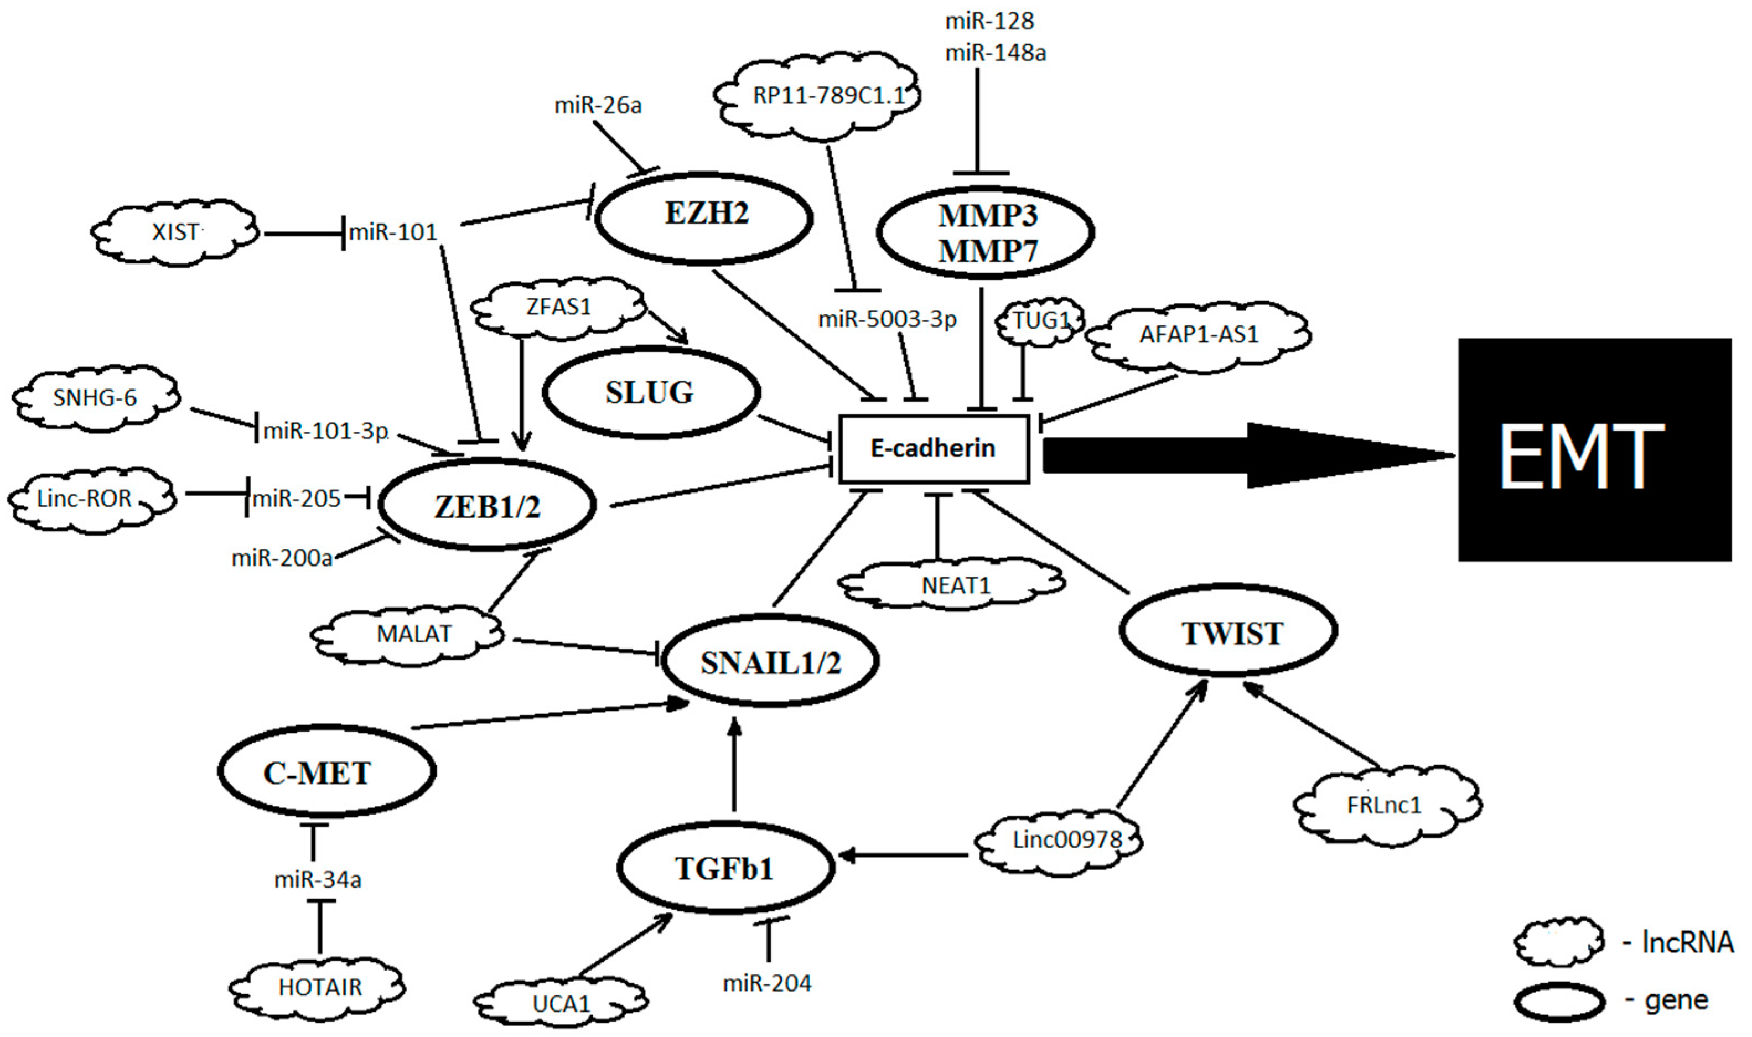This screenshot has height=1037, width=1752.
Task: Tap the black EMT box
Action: pyautogui.click(x=1595, y=449)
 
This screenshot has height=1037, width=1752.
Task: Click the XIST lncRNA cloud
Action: pyautogui.click(x=175, y=231)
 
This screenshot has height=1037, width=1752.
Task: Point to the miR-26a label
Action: pyautogui.click(x=598, y=106)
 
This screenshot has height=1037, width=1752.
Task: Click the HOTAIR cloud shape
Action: pyautogui.click(x=319, y=987)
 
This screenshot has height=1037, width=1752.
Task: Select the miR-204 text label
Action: pyautogui.click(x=768, y=984)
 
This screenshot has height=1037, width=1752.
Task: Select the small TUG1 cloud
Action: pyautogui.click(x=1040, y=322)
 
